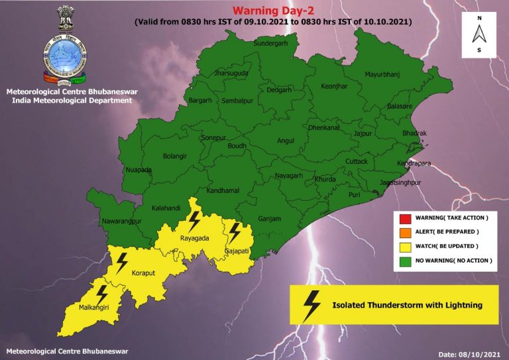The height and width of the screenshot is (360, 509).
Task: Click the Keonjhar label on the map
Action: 334,86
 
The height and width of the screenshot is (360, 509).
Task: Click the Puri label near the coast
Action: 354,195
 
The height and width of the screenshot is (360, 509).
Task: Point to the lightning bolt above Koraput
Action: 121,263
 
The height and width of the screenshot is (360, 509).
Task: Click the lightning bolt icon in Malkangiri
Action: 101,294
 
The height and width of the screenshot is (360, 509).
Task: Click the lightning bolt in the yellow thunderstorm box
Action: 310,305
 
